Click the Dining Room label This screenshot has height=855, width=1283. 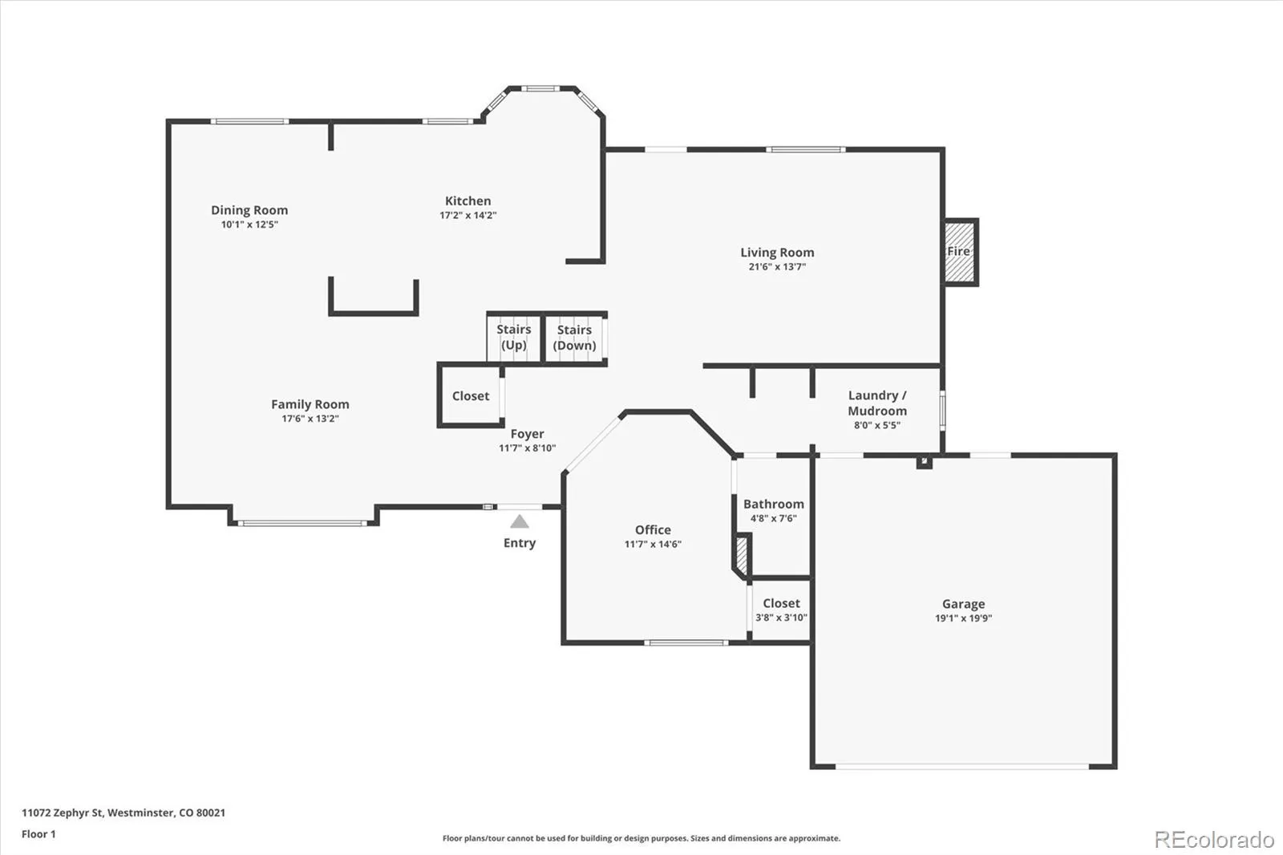pos(249,210)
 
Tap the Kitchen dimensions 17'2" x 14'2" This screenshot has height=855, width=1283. pos(467,216)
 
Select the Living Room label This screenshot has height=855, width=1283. pos(777,253)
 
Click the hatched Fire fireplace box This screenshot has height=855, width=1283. pos(959,252)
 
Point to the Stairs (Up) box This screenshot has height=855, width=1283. pos(513,338)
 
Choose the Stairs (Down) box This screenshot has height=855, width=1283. pos(575,338)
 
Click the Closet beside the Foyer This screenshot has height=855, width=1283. pos(471,396)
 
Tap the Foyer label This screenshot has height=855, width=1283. pos(527,434)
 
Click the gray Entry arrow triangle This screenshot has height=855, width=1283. pos(520,522)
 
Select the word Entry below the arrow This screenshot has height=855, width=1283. pos(520,543)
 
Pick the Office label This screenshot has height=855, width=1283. pos(653,530)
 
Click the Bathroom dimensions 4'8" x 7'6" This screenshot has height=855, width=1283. pos(773,519)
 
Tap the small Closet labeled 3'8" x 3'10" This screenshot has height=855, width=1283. pos(781,610)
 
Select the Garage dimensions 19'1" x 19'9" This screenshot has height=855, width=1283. pos(963,618)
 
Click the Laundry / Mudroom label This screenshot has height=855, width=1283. pos(877,403)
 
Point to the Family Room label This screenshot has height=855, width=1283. pos(310,404)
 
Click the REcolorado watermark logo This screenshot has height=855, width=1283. pos(1214,840)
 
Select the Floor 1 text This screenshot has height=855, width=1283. pos(38,834)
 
